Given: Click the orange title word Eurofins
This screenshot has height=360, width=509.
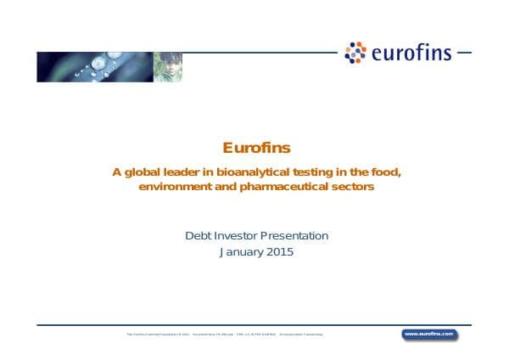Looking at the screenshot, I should point(256,147).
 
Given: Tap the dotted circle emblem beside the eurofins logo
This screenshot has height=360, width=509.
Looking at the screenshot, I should point(355,53).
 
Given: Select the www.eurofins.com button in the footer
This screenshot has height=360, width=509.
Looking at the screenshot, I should point(429,335).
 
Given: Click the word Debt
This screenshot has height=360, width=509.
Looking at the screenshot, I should point(199,235).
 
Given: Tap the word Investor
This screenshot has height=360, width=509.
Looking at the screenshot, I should point(240,235).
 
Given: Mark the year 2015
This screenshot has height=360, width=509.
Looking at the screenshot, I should point(281,252).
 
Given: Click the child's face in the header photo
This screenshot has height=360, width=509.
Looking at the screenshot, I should point(168,66).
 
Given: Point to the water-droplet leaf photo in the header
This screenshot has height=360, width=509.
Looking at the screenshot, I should point(94,66).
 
